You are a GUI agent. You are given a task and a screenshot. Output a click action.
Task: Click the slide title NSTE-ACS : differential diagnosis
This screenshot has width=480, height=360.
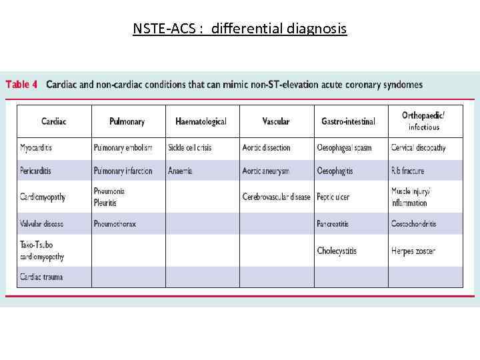pyautogui.click(x=239, y=29)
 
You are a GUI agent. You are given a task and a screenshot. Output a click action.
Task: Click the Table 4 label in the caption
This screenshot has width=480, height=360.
pyautogui.click(x=22, y=85)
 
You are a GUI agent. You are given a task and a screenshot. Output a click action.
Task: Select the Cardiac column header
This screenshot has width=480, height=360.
pyautogui.click(x=54, y=121)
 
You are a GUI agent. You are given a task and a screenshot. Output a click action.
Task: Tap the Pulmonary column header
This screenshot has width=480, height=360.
pyautogui.click(x=127, y=121)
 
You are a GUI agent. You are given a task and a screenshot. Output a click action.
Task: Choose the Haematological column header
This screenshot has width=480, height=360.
pyautogui.click(x=201, y=121)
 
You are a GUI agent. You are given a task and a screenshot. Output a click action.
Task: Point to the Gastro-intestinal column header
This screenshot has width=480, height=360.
pyautogui.click(x=348, y=121)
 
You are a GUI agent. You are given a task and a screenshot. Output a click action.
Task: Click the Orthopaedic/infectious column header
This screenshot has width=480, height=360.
pyautogui.click(x=423, y=121)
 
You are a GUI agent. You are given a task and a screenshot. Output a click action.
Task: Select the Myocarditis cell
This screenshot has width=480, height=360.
pyautogui.click(x=36, y=147)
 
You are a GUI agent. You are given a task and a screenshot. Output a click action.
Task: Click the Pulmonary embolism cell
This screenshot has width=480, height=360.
pyautogui.click(x=123, y=147)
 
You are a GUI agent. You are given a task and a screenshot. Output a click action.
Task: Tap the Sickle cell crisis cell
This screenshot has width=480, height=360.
pyautogui.click(x=190, y=147)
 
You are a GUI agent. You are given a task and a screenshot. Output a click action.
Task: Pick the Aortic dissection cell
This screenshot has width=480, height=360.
pyautogui.click(x=267, y=147)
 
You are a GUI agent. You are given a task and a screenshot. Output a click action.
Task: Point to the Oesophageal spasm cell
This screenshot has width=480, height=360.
pyautogui.click(x=344, y=147)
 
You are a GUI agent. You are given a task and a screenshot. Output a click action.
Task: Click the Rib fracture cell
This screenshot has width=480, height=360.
pyautogui.click(x=407, y=171)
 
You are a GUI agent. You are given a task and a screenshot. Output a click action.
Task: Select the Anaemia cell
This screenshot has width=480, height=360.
pyautogui.click(x=180, y=171)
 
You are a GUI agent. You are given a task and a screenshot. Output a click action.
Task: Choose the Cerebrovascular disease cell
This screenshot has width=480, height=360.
pyautogui.click(x=276, y=197)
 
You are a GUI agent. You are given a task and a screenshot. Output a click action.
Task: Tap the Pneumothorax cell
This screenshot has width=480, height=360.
pyautogui.click(x=115, y=224)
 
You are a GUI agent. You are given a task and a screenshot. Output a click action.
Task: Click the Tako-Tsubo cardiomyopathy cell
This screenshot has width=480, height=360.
pyautogui.click(x=42, y=251)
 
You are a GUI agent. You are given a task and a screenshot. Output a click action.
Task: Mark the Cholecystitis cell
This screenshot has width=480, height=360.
pyautogui.click(x=337, y=251)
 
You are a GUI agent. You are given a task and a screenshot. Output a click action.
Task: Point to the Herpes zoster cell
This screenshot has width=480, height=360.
pyautogui.click(x=413, y=251)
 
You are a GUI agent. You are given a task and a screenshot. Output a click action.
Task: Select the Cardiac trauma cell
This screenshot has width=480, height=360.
pyautogui.click(x=41, y=277)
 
